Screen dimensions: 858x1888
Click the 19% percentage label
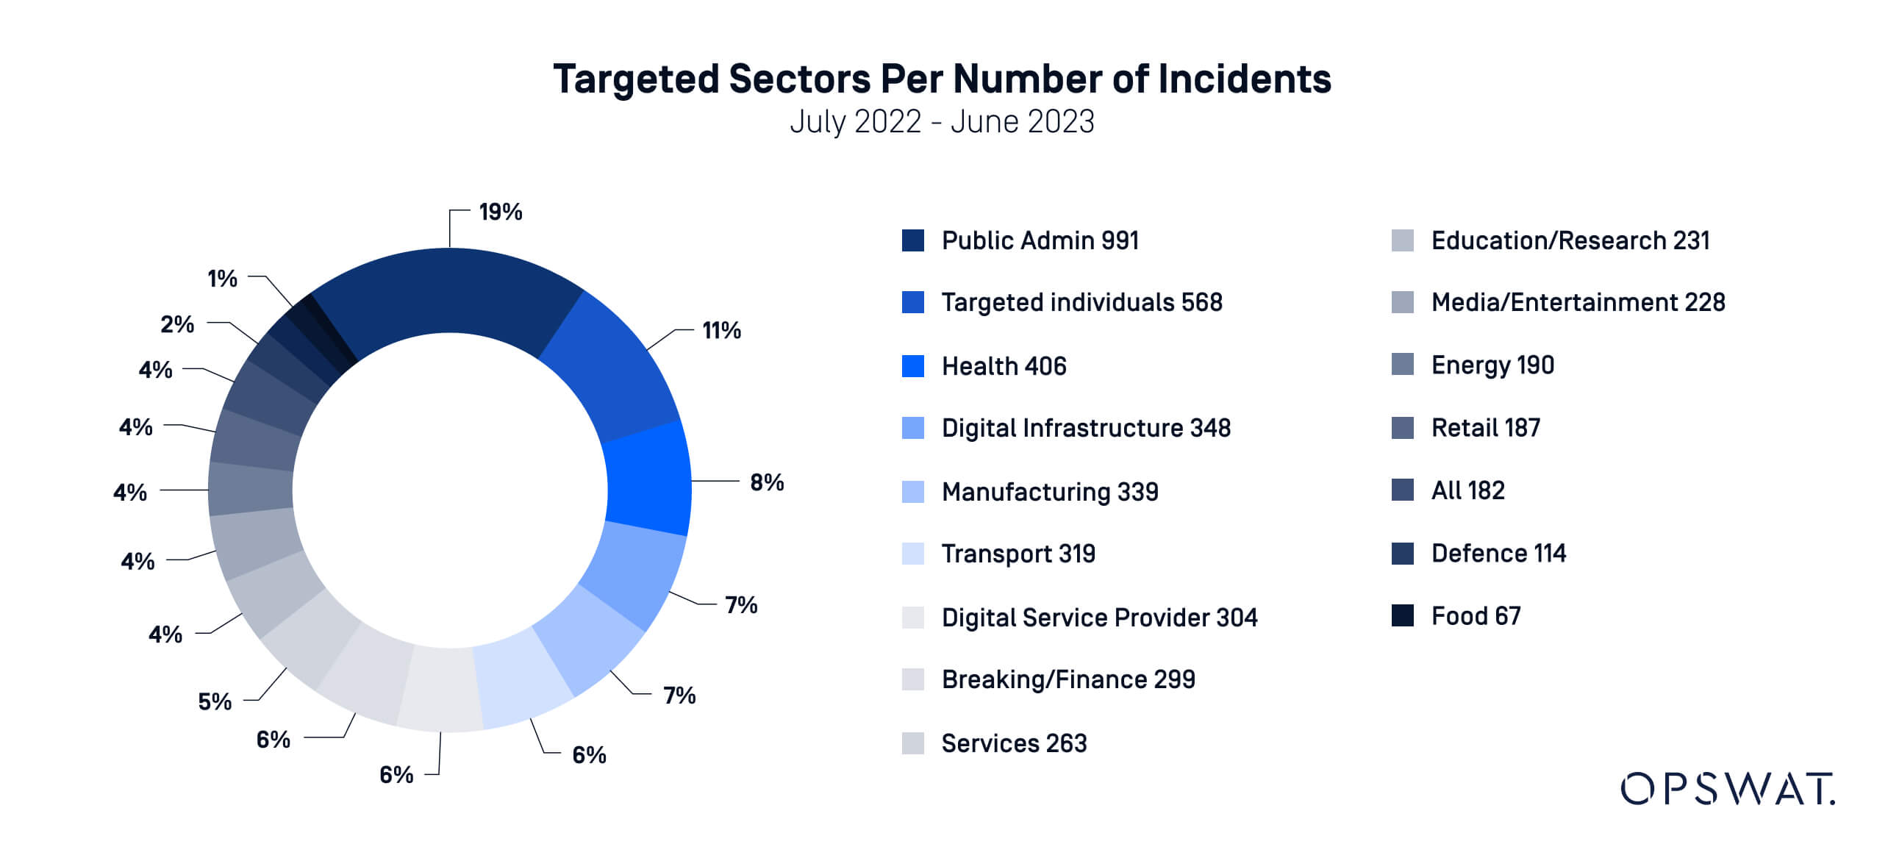point(500,212)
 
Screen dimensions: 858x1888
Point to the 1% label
point(222,279)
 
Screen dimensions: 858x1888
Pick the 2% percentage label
point(177,324)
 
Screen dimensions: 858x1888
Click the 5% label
point(215,701)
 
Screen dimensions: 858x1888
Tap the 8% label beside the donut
point(766,482)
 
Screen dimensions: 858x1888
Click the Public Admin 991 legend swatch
point(912,240)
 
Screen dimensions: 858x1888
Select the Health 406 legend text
point(1004,366)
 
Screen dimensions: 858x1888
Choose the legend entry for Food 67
point(1475,615)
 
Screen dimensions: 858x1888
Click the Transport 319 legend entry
point(1018,554)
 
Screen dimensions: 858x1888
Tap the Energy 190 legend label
point(1492,365)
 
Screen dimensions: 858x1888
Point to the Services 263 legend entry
point(1013,743)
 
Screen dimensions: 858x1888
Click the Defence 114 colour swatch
point(1402,553)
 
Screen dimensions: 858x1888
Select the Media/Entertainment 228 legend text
point(1577,302)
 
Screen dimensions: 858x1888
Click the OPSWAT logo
point(1727,789)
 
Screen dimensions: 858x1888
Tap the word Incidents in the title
point(1244,79)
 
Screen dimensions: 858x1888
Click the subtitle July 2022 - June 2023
point(942,122)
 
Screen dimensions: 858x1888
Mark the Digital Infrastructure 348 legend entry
point(1085,428)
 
